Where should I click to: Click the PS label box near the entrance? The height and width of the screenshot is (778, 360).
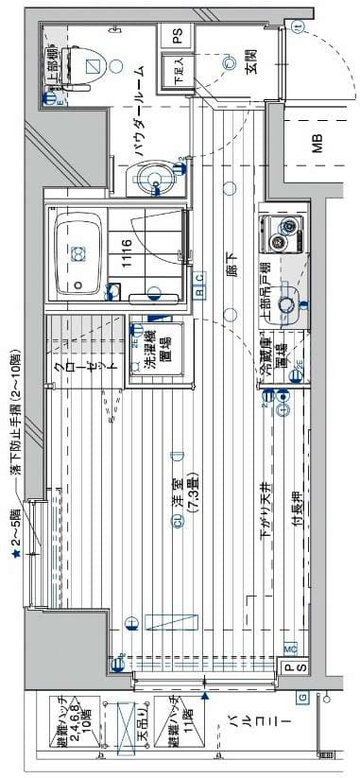pyautogui.click(x=177, y=37)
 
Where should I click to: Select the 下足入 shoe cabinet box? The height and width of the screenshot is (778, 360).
pyautogui.click(x=176, y=72)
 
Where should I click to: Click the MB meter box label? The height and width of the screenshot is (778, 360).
pyautogui.click(x=318, y=145)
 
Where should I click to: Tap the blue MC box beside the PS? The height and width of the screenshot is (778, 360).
pyautogui.click(x=290, y=648)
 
